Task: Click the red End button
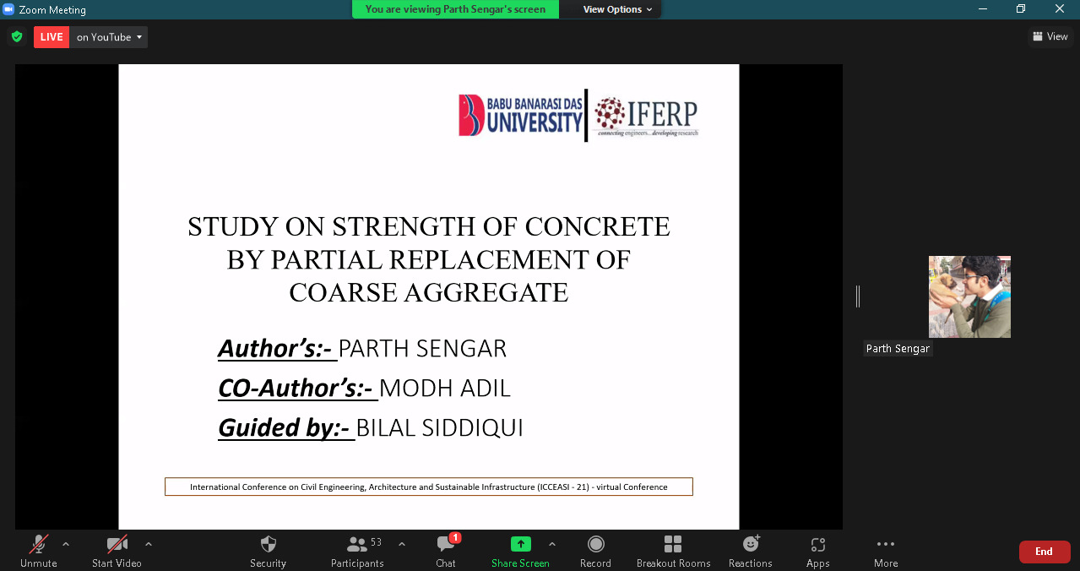1045,552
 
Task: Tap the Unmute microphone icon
39,545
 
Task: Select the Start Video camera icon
117,545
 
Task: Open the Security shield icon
268,545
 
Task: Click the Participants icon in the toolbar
357,545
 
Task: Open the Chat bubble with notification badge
446,544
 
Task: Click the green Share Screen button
521,544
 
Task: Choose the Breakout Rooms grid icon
673,544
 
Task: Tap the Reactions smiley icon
751,543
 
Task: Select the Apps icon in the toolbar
818,545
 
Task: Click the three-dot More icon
886,544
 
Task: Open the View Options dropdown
617,9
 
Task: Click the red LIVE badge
52,37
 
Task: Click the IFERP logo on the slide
646,117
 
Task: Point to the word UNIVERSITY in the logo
535,122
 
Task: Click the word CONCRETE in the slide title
597,227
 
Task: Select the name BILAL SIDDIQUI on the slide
440,427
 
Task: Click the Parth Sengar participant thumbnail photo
969,296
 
